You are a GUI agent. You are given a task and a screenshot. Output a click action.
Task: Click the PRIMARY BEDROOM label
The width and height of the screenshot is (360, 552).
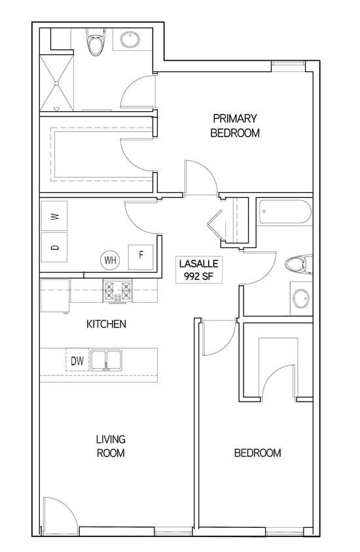coord(234,126)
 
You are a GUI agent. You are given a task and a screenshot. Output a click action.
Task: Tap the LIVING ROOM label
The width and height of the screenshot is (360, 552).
coord(111,446)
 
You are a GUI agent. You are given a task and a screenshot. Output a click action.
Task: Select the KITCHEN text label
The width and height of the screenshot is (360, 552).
coord(106,324)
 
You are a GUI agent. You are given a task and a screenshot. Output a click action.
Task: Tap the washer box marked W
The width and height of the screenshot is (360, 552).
coord(56,216)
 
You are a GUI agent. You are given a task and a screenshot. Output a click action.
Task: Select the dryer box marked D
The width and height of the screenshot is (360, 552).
coord(56,247)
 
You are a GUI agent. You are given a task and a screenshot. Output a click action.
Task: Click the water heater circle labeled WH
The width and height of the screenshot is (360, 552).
coord(109,260)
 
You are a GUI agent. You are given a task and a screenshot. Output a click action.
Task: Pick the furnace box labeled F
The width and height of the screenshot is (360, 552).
coord(139,255)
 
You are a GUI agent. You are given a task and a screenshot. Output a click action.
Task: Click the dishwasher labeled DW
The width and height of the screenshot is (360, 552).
coord(76,360)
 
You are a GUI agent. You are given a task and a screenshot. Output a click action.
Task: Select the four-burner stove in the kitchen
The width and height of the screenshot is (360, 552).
coord(118,290)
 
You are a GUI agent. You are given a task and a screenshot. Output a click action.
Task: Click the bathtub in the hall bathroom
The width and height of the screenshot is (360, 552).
coord(285,212)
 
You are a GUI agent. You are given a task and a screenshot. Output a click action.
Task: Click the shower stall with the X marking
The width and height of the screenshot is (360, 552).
coord(58,82)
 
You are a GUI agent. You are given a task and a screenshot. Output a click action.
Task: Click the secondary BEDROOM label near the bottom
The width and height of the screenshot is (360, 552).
coord(257,453)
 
